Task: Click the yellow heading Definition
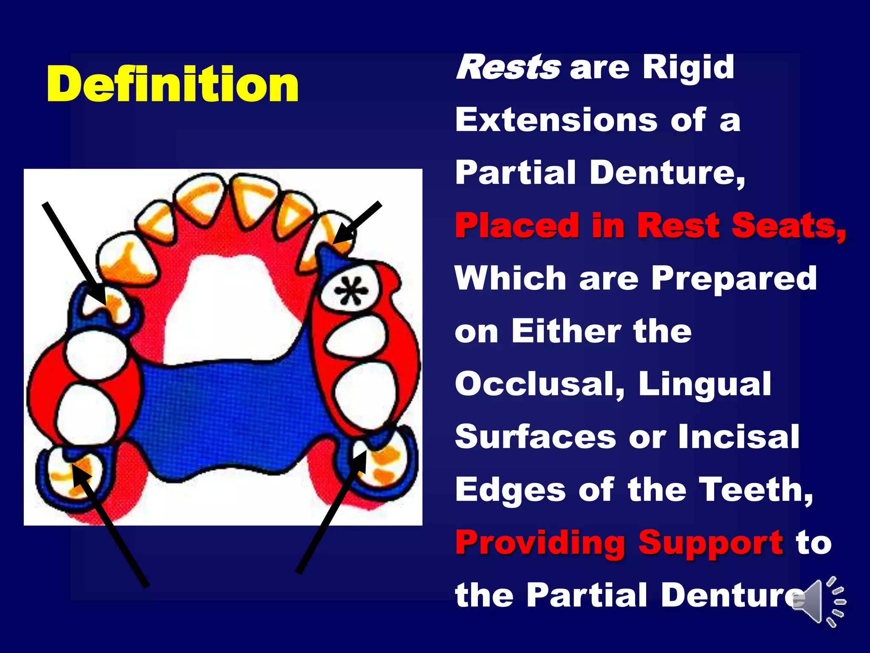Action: tap(172, 84)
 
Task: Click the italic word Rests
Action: tap(508, 68)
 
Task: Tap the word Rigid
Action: tap(688, 68)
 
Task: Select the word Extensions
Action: tap(556, 120)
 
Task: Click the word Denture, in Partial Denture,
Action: tap(667, 173)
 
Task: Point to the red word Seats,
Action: tap(788, 226)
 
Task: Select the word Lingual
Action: tap(705, 384)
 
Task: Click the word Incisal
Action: tap(739, 437)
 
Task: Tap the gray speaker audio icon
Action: tap(818, 602)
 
